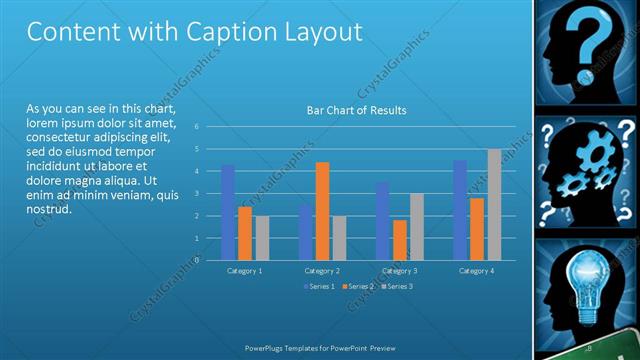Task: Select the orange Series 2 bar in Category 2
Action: click(322, 211)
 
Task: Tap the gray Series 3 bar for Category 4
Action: click(494, 205)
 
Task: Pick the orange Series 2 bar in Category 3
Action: click(400, 240)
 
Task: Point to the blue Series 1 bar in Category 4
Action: click(460, 210)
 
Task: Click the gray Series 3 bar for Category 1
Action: click(262, 238)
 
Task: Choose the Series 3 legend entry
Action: click(397, 287)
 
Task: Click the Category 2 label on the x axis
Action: click(322, 271)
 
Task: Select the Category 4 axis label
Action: click(477, 271)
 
